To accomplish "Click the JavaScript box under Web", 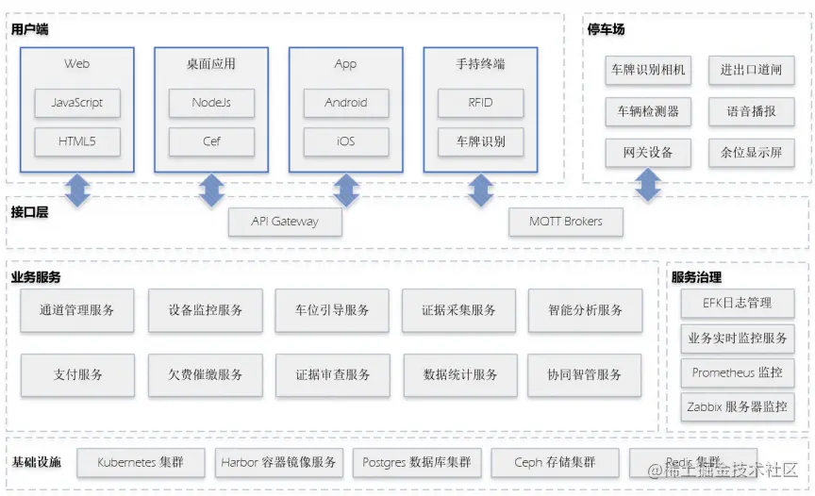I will (x=77, y=103).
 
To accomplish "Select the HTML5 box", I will (x=77, y=141).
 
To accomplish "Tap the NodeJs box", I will (x=211, y=103).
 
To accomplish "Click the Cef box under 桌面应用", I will (x=211, y=141).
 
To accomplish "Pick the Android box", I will (x=346, y=103).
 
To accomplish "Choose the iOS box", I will (x=346, y=141).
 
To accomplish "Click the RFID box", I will (x=480, y=103).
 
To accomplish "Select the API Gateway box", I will (x=285, y=222).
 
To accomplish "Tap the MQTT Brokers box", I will (x=565, y=222).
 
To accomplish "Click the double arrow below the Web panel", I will (x=77, y=190).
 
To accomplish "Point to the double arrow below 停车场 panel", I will (x=647, y=184).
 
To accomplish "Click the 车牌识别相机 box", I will (x=648, y=70).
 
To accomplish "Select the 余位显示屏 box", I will (x=751, y=153).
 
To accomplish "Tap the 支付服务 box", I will (x=77, y=374).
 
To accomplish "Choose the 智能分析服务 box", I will (x=585, y=310).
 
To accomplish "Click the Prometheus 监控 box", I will (x=737, y=372).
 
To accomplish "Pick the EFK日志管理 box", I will (x=737, y=303).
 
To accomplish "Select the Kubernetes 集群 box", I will (x=141, y=462).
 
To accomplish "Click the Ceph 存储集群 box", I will (x=555, y=462).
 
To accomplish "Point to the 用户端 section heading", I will (x=30, y=29).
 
